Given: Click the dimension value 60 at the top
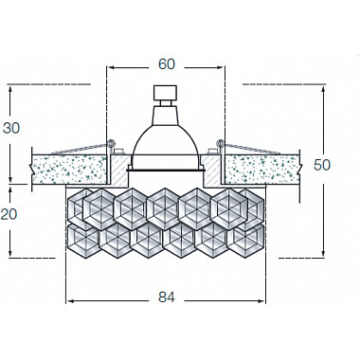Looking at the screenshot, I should pos(167,64).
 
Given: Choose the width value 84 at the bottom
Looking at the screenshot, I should pos(166,297).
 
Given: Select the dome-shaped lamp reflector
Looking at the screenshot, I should pos(167,137).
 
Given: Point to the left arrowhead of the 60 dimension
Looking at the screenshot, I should pos(110,68).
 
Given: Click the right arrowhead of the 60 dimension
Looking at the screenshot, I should pos(223,68).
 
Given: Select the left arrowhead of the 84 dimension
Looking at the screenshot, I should pos(69,301).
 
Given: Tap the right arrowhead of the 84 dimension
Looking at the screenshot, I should pos(264,301).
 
